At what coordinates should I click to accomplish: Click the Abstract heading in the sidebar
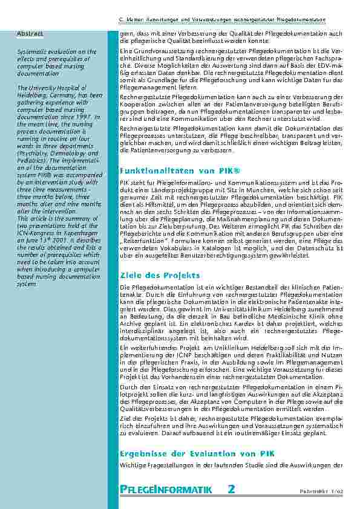(30, 32)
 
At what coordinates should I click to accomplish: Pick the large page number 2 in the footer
(232, 489)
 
